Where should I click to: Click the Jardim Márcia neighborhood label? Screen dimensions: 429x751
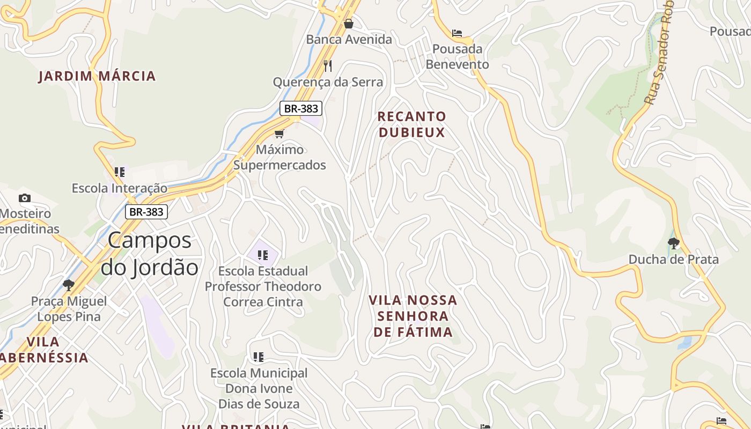(x=97, y=76)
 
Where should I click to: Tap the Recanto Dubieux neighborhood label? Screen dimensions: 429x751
(x=411, y=124)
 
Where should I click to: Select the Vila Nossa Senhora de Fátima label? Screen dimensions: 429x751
(x=413, y=316)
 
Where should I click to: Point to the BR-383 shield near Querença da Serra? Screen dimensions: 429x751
(x=301, y=108)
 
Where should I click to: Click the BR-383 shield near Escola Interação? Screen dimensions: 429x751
(x=146, y=212)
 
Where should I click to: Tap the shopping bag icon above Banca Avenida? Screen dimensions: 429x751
(x=349, y=24)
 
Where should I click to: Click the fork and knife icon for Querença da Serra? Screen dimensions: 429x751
(x=328, y=65)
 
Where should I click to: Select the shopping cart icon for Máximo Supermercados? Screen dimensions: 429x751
(x=279, y=134)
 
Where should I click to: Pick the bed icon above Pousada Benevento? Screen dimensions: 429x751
(x=457, y=33)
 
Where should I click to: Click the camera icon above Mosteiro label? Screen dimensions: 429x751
(x=24, y=198)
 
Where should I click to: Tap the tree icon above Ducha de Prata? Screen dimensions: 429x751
(x=673, y=243)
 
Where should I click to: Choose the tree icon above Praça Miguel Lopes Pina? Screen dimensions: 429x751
(x=68, y=285)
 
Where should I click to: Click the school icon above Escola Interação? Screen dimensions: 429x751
(x=120, y=172)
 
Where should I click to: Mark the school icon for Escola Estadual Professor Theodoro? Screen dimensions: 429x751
(x=262, y=255)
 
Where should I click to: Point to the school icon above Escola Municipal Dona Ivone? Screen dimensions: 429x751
(x=259, y=357)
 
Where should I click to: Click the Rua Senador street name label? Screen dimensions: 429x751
(x=659, y=54)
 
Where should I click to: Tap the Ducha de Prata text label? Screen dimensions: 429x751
(x=673, y=260)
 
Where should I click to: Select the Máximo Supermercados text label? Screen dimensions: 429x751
(x=279, y=157)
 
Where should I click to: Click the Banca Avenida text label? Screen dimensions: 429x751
(x=349, y=39)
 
